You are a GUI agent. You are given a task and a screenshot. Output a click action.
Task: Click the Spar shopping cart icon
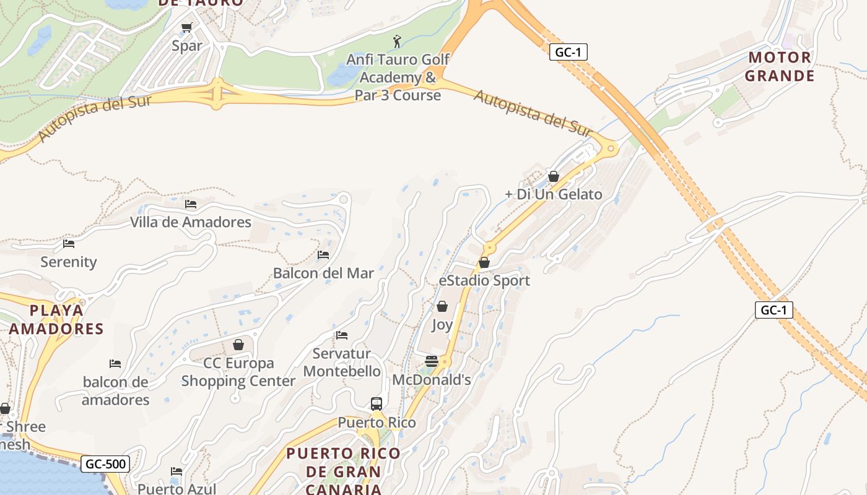tap(186, 28)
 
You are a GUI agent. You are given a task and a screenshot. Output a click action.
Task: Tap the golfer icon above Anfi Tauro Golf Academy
tap(397, 41)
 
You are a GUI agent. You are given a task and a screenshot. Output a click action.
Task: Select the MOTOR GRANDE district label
tap(779, 67)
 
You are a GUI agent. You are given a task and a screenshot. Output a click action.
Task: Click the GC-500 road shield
tap(105, 463)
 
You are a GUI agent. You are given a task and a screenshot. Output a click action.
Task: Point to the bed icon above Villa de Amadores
tap(191, 204)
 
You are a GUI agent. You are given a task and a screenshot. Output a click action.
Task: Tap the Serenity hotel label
tap(69, 262)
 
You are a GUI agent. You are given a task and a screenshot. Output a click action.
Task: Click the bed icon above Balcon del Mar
tap(323, 254)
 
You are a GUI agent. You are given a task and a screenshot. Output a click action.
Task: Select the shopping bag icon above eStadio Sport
tap(484, 262)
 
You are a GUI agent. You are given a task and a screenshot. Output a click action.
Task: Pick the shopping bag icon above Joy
tap(442, 306)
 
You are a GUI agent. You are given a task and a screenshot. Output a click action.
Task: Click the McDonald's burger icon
tap(432, 361)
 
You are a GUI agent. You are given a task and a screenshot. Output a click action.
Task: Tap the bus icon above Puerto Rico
tap(376, 404)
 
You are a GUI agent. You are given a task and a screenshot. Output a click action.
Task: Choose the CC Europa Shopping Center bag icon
tap(238, 344)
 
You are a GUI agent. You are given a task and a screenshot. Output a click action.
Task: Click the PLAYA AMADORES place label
tap(56, 319)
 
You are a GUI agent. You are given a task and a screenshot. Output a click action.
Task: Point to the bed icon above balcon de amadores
tap(115, 363)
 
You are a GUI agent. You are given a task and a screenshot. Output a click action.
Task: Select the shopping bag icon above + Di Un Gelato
tap(554, 176)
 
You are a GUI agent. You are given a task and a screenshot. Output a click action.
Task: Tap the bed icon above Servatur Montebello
tap(342, 335)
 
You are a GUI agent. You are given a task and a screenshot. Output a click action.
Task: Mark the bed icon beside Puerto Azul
tap(176, 471)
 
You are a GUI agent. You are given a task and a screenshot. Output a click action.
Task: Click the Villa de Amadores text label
tap(191, 222)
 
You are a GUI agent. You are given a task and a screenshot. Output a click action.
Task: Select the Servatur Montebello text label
tap(342, 363)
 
